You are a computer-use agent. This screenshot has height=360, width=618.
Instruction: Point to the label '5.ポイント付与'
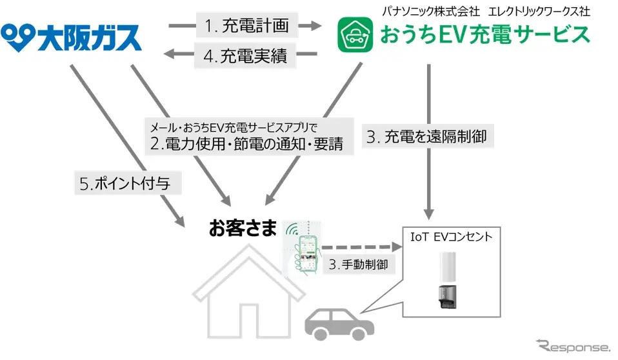125,183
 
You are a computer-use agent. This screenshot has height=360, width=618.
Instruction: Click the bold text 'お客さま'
242,228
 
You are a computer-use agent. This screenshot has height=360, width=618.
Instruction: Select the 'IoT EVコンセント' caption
451,237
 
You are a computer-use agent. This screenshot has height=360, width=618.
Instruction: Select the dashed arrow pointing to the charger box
358,247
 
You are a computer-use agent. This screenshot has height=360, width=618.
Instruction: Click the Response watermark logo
570,345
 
